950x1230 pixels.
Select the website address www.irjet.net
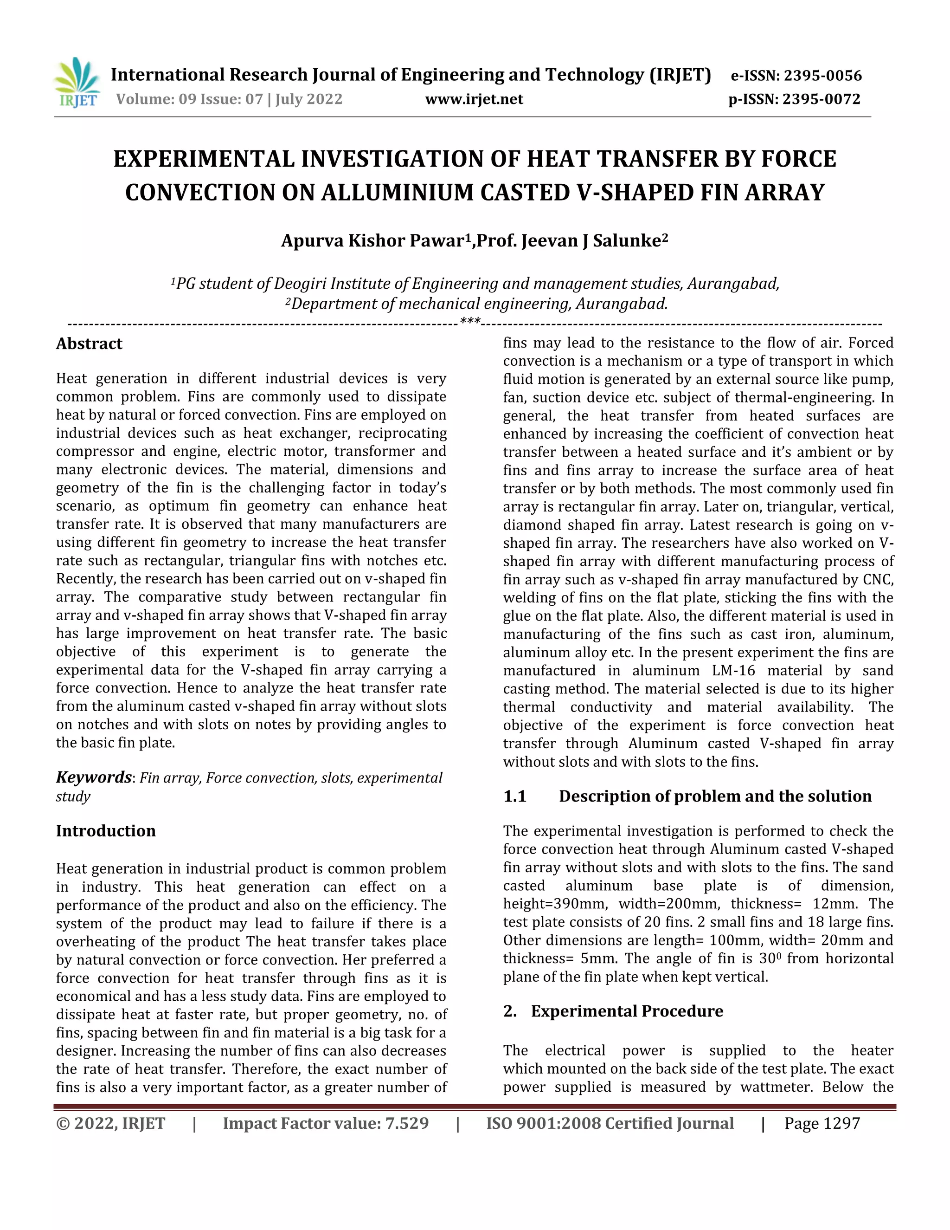pos(474,99)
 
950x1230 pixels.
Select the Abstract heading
pos(89,343)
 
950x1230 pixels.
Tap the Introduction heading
pos(105,831)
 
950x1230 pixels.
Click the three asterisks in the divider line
pos(470,322)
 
